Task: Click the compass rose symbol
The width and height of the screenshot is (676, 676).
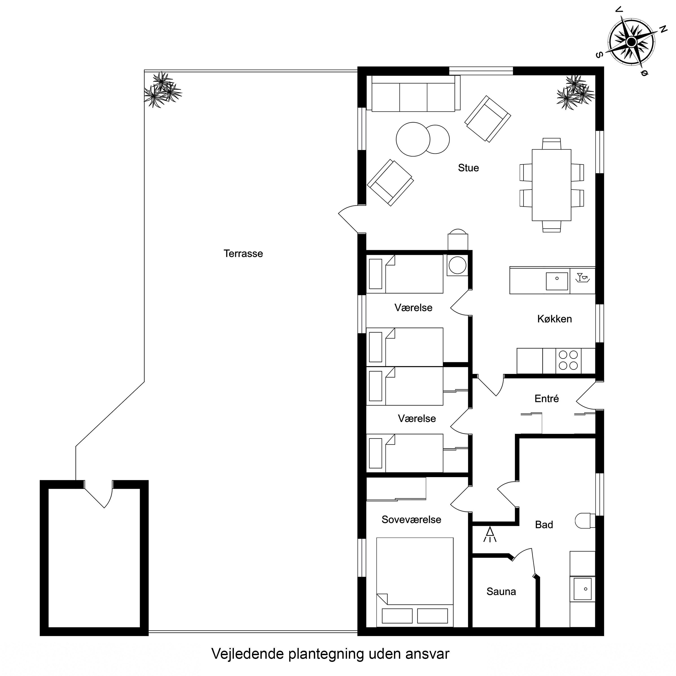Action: click(632, 42)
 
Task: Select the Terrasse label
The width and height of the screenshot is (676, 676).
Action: click(243, 253)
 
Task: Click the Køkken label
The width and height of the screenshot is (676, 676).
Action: click(555, 319)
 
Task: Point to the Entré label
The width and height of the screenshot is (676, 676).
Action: click(547, 399)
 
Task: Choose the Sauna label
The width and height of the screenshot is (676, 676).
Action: click(501, 591)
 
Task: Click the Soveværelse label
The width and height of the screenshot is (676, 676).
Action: click(411, 520)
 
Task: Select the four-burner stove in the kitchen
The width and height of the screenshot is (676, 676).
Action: click(568, 361)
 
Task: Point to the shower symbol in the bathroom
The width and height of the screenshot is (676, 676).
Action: click(490, 534)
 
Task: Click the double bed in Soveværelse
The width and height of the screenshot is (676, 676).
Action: click(415, 582)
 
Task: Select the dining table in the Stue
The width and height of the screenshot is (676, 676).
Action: click(551, 185)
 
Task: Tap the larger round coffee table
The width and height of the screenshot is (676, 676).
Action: click(413, 139)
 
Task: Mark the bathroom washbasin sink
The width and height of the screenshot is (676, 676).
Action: click(583, 589)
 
